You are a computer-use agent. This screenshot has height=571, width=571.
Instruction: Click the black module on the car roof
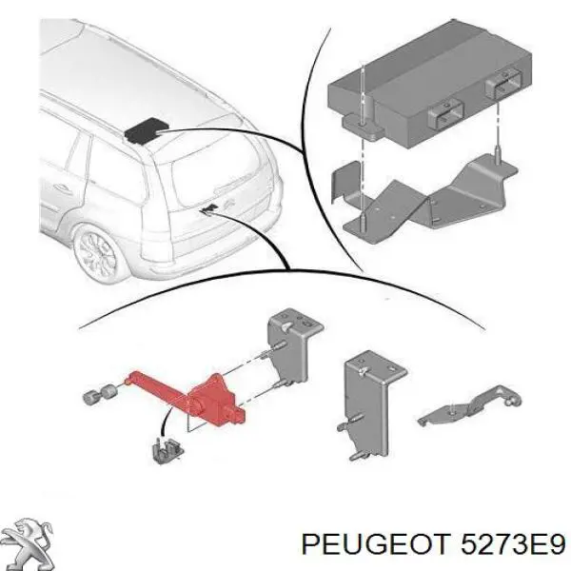click(x=146, y=130)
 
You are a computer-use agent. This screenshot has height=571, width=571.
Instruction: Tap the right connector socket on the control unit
click(x=504, y=85)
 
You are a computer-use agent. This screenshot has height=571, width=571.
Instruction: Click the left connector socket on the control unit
click(x=445, y=113)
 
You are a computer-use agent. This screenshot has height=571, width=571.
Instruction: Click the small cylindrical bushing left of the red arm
click(x=99, y=396)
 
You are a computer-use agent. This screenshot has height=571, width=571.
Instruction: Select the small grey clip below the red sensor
click(x=167, y=450)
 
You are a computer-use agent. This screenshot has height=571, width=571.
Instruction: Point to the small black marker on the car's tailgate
click(x=208, y=209)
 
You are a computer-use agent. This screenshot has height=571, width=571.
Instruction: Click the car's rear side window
click(x=116, y=167)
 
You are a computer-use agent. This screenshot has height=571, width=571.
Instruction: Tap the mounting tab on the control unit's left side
click(x=362, y=126)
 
